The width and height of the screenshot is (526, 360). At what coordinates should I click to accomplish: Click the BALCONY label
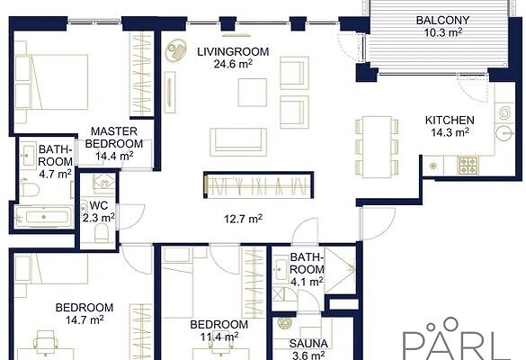[x=442, y=20]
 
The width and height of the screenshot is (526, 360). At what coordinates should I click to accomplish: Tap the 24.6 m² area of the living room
[x=233, y=64]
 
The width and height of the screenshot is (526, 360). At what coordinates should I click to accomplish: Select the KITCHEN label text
[x=450, y=121]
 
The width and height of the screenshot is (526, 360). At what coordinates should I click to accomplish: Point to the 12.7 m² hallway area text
[x=243, y=220]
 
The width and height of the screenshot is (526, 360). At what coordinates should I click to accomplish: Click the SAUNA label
[x=308, y=344]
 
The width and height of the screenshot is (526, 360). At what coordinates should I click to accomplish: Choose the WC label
[x=99, y=205]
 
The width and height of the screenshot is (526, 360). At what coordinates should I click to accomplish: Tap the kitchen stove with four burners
[x=468, y=166]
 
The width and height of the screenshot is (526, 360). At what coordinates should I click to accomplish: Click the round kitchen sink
[x=504, y=133]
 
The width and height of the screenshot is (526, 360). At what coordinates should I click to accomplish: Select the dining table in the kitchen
[x=377, y=147]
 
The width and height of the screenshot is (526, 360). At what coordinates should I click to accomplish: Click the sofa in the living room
[x=238, y=142]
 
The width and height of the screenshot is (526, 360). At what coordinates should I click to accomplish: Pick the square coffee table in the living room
[x=253, y=93]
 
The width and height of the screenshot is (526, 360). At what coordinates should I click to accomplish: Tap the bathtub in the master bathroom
[x=44, y=217]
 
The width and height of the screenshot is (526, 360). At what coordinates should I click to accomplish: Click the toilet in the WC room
[x=102, y=232]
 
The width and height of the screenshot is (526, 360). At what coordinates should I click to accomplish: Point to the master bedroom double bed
[x=51, y=82]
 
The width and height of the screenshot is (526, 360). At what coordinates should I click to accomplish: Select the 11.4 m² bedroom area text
[x=219, y=337]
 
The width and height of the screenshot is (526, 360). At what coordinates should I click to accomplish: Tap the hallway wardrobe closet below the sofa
[x=259, y=185]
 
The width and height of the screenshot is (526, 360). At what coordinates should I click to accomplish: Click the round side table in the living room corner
[x=175, y=50]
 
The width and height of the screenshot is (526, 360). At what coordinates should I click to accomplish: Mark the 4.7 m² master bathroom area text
[x=55, y=175]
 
